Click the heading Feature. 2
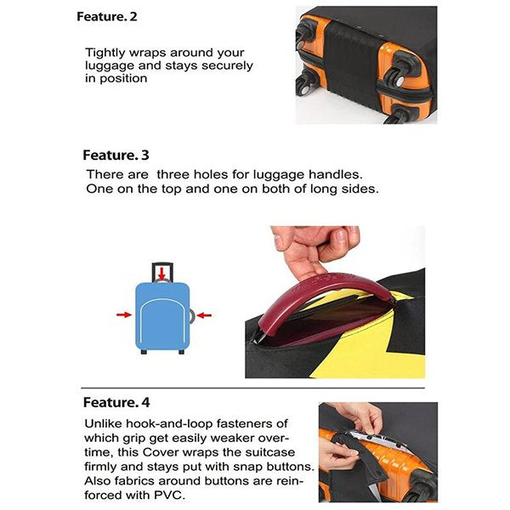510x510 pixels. point(107,17)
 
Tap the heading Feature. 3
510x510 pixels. point(116,156)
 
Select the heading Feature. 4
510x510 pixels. point(116,402)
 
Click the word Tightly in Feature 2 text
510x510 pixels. point(105,53)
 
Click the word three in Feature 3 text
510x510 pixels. point(173,174)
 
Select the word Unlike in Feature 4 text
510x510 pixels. point(103,423)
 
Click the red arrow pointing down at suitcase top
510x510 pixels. point(161,273)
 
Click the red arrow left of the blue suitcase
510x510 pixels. point(124,314)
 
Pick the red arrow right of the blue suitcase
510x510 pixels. point(204,315)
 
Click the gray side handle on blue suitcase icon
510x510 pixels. point(192,316)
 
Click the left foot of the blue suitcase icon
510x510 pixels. point(144,352)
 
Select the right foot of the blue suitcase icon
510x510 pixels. point(182,352)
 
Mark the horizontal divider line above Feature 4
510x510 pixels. point(252,388)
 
